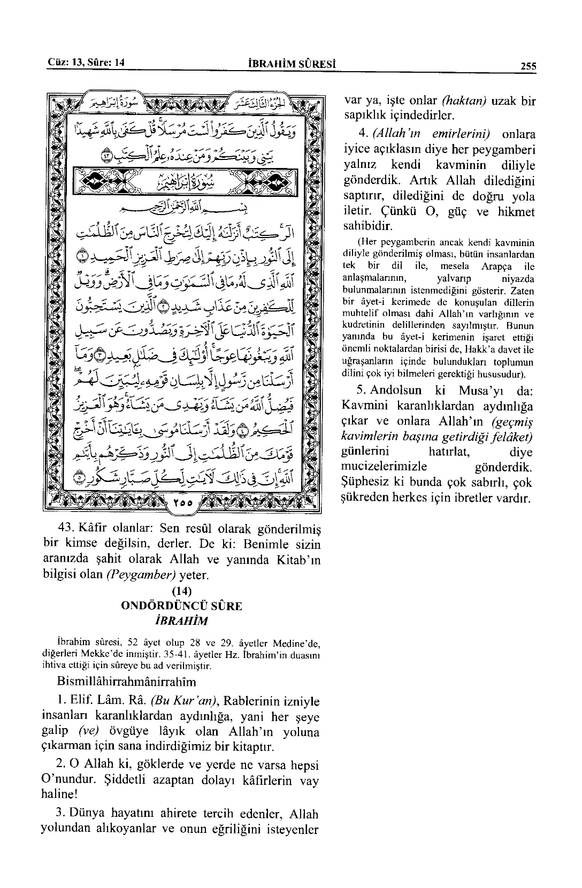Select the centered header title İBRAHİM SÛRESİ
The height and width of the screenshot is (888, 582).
292,65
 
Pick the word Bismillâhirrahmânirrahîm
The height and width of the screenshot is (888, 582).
126,682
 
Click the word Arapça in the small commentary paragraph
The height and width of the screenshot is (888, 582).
501,266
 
